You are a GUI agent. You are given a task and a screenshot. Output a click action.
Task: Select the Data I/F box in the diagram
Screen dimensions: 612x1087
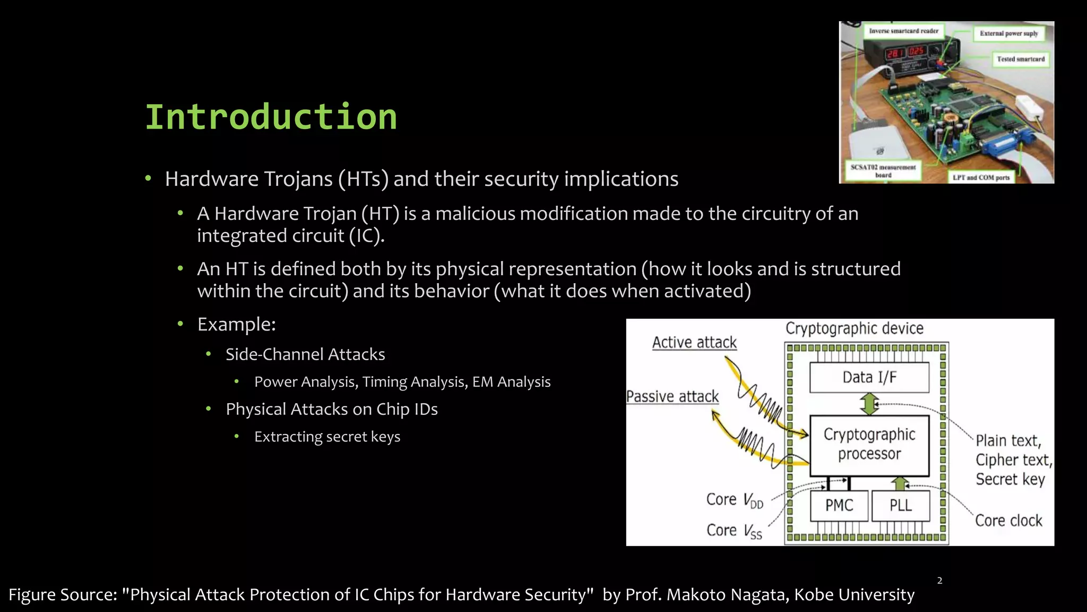pos(869,377)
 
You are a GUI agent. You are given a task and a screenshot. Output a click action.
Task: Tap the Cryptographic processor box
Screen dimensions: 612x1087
pos(869,445)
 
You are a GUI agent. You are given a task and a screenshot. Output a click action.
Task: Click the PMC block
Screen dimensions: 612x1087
pos(839,505)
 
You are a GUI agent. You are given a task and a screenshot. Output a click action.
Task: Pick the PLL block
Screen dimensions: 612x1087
pos(901,505)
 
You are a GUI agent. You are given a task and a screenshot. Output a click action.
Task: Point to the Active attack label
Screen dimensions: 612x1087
pos(694,343)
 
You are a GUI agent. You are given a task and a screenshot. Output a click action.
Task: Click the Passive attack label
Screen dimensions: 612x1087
pos(672,396)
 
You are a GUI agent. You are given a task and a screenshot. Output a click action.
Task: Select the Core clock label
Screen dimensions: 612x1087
pos(1008,521)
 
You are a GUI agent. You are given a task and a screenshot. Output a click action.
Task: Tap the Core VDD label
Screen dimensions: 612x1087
pos(735,500)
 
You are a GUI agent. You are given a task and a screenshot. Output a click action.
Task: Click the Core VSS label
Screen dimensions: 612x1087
pos(734,531)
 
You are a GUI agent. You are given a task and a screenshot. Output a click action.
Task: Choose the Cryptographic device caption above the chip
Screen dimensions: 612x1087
pos(854,328)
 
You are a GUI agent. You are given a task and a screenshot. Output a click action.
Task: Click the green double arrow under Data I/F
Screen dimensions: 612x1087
pos(869,404)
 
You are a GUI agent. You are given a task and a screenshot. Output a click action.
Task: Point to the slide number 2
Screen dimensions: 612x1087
pos(939,581)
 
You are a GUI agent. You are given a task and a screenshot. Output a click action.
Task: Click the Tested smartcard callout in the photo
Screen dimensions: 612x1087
pos(1020,59)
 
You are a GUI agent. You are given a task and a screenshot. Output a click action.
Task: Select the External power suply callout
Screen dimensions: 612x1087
pos(1008,33)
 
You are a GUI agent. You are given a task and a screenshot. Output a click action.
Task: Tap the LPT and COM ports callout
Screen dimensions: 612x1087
pos(981,177)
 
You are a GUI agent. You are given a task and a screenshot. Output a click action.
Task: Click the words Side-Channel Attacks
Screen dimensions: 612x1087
pos(305,354)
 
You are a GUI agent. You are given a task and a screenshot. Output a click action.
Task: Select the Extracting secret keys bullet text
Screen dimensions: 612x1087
pos(327,437)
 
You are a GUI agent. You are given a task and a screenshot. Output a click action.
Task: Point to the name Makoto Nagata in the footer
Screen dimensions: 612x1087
pos(727,594)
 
